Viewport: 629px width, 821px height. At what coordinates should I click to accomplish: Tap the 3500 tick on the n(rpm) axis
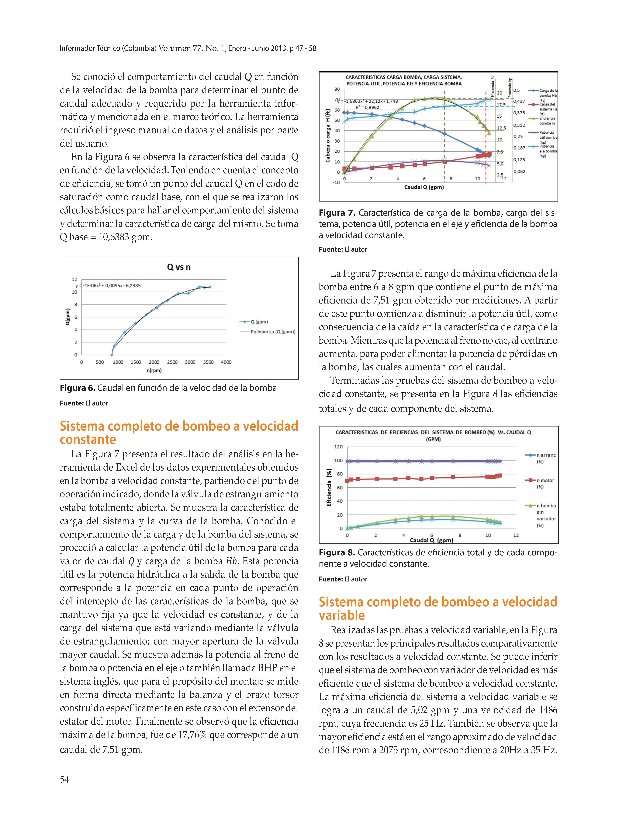coord(208,362)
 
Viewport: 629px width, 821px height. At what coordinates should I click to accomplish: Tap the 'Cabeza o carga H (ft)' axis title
coord(328,136)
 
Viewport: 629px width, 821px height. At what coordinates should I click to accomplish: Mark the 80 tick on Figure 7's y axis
coord(337,89)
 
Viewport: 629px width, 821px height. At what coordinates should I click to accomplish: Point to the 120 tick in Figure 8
coord(338,447)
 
